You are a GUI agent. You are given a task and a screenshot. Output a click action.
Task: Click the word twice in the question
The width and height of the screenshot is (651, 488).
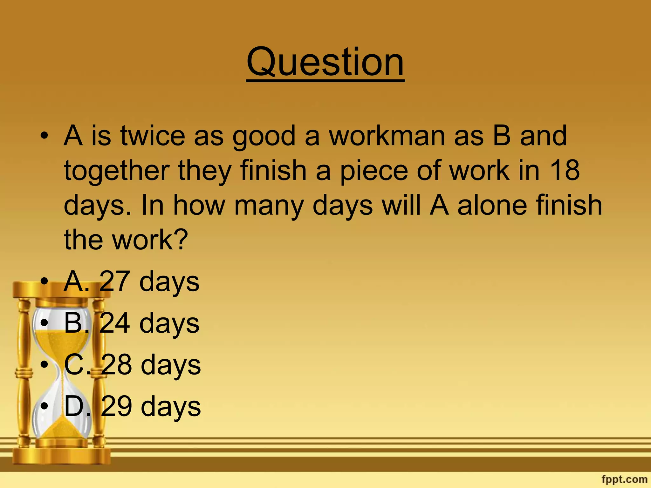coord(153,136)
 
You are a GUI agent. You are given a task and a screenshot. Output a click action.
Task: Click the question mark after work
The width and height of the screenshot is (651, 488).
coord(181,240)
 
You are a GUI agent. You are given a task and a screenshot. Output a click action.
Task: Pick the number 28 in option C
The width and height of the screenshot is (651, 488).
coord(116,365)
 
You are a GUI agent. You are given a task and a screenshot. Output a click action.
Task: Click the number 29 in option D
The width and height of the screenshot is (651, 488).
coord(116,406)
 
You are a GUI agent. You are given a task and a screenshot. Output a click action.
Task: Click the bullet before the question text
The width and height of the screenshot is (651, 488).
coord(45,136)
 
